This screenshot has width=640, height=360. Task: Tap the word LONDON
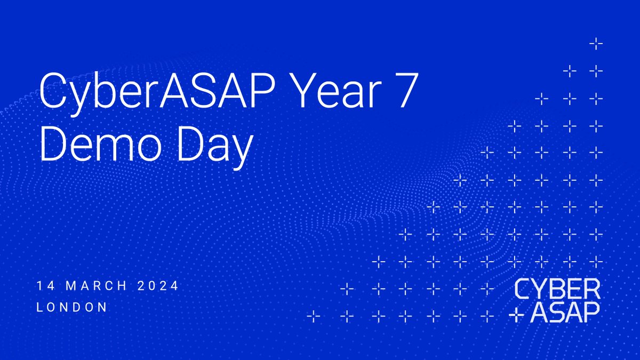[72, 307]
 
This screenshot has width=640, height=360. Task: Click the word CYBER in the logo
[557, 290]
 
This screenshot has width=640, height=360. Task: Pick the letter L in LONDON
[39, 307]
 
